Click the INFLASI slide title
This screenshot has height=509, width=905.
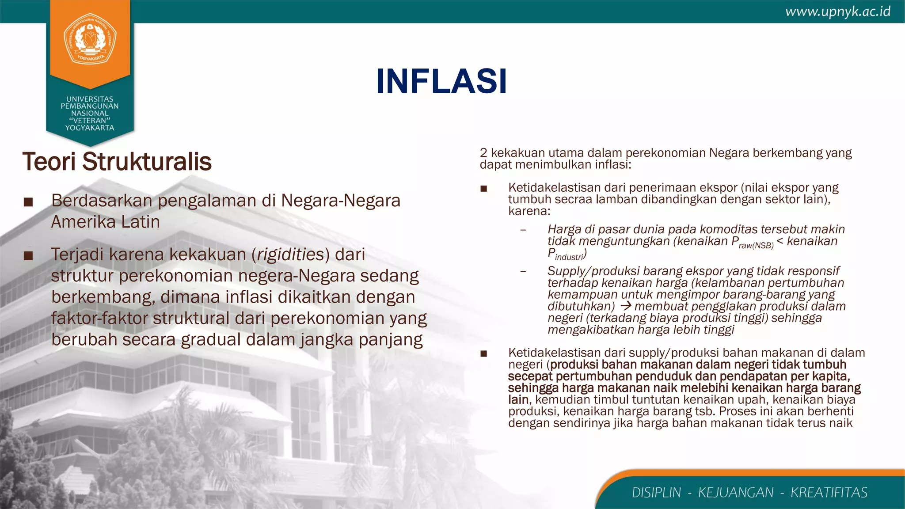pos(441,82)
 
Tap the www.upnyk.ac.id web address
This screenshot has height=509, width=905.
pos(838,12)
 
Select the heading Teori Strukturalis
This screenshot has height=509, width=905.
pos(117,161)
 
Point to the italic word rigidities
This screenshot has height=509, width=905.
pos(290,254)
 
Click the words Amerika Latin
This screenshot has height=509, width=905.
pos(105,222)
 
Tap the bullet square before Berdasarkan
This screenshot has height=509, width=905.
pos(28,202)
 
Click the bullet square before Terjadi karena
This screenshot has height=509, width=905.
pos(28,256)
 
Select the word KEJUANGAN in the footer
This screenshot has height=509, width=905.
pos(736,492)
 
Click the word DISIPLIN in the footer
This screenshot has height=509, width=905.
pos(656,492)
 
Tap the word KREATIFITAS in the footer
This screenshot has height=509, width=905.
pos(829,492)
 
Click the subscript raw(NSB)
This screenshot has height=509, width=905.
pos(756,245)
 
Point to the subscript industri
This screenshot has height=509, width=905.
pos(569,257)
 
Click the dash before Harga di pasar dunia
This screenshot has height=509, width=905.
pos(523,230)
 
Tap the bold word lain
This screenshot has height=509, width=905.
pos(518,399)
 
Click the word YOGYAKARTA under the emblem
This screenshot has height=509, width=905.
pos(90,128)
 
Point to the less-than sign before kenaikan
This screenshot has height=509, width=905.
pos(780,241)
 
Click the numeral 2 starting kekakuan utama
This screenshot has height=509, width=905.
pos(483,153)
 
